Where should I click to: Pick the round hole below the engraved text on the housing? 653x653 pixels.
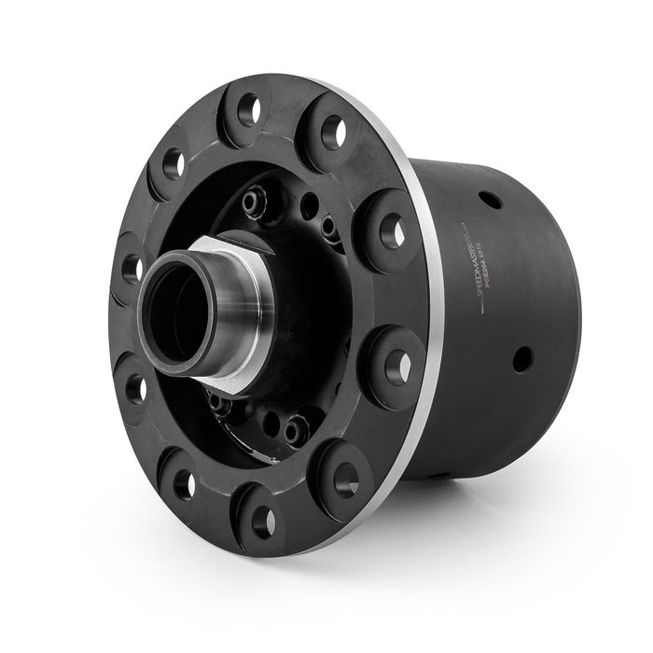point(521,358)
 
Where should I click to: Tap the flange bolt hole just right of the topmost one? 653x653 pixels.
point(333,132)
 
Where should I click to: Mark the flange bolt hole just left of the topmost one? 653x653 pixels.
point(173,163)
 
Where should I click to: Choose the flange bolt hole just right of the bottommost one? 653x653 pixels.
point(346,479)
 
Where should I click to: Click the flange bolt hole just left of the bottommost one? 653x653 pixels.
point(185,483)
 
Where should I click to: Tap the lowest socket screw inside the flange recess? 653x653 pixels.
point(296,431)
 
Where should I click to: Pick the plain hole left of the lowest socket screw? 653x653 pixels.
point(271,424)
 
